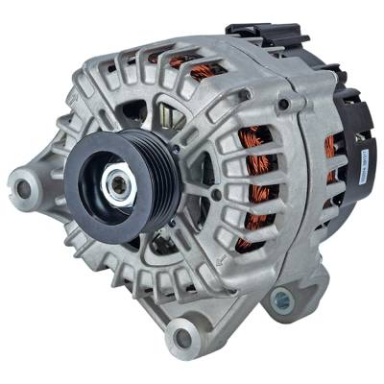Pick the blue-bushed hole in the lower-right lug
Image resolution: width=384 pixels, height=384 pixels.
click(281, 302)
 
